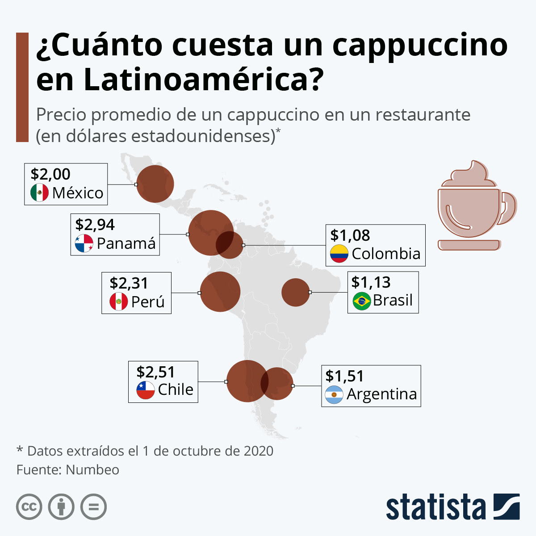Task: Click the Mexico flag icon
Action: click(x=39, y=193)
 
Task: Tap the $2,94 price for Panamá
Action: click(x=95, y=225)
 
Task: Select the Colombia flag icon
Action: click(x=339, y=253)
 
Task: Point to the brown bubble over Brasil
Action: click(x=295, y=292)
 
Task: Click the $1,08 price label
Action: click(x=350, y=235)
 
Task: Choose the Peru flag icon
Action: click(x=119, y=301)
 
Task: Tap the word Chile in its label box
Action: click(x=176, y=389)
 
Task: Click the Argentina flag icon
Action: click(x=334, y=394)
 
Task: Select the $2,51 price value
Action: click(x=155, y=372)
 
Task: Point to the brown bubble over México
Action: click(x=155, y=184)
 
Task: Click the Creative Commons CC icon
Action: click(x=29, y=507)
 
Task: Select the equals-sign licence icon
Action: click(x=93, y=507)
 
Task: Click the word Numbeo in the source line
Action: click(x=92, y=470)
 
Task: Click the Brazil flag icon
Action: click(x=362, y=301)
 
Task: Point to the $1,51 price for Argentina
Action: click(x=345, y=376)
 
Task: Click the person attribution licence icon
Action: click(x=61, y=507)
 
